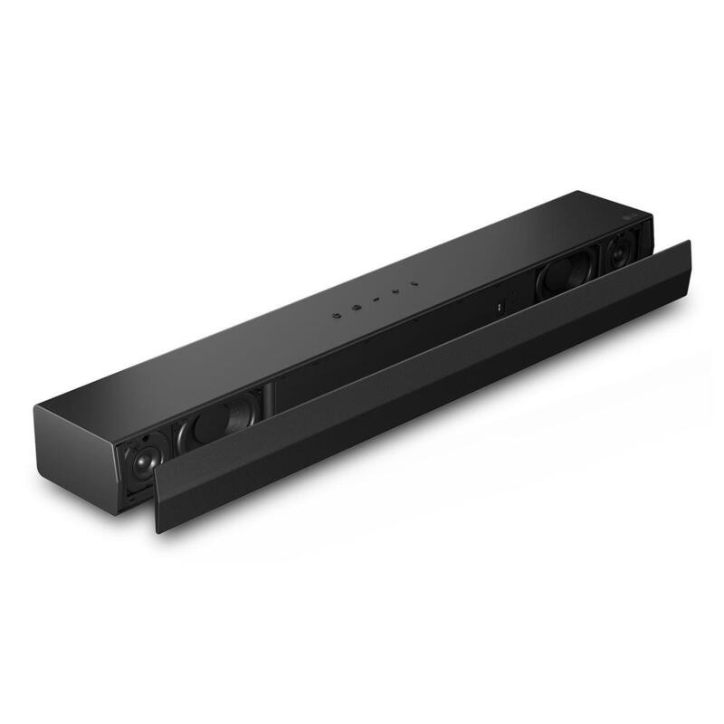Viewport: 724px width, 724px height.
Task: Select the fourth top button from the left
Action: click(x=395, y=292)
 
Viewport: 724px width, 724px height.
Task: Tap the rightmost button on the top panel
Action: click(x=414, y=284)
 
